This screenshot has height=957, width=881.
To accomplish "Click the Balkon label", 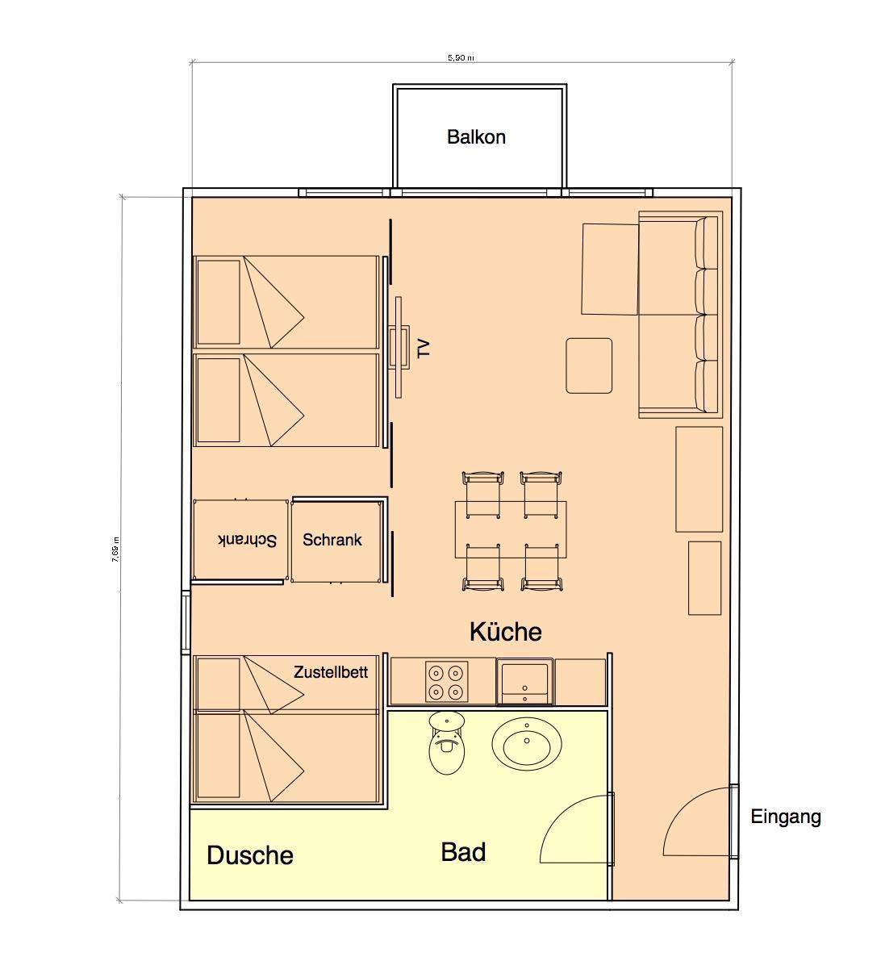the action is point(476,136).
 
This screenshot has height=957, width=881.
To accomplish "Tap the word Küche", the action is point(505,632).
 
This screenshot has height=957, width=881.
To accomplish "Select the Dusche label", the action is point(249,855).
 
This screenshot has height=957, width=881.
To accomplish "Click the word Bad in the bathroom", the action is point(463,852).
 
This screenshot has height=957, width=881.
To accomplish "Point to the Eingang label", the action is point(785,817).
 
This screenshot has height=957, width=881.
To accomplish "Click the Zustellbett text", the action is point(331,672).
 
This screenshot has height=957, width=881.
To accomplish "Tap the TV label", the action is point(424,349).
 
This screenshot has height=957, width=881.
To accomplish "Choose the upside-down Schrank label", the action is point(247,540).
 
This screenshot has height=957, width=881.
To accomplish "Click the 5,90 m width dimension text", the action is point(461,58).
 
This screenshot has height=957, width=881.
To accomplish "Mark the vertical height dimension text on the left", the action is point(115,549).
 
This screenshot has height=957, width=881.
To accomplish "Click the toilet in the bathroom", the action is point(447,742).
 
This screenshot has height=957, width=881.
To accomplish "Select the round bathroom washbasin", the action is point(527,743).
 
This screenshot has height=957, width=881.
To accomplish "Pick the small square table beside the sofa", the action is point(589,366).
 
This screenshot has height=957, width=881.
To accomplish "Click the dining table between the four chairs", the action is point(511,529).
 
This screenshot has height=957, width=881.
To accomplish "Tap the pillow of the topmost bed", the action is point(219,302).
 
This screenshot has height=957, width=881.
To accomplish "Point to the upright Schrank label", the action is point(332,540).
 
